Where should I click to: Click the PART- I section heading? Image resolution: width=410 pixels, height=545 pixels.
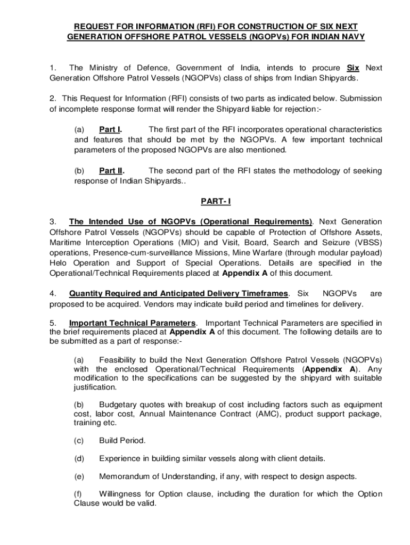(x=216, y=201)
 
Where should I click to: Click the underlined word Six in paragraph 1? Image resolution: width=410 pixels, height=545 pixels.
(x=353, y=68)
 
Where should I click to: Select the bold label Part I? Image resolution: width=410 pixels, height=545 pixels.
(x=111, y=129)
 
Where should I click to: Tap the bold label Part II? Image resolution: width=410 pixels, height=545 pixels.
(x=112, y=171)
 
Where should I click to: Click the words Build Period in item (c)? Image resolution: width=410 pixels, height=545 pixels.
(x=122, y=440)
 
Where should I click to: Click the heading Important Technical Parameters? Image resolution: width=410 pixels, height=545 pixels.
(x=133, y=323)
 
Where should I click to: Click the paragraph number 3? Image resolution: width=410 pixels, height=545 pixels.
(x=52, y=221)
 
